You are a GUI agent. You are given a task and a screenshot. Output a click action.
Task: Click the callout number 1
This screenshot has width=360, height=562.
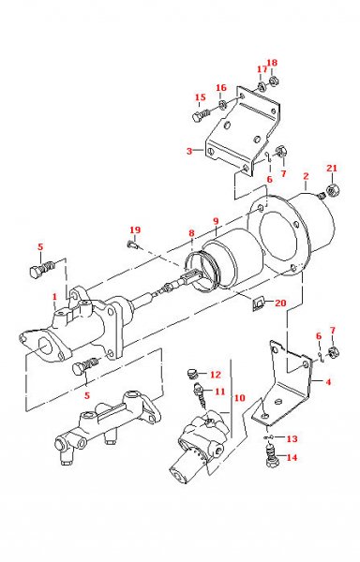pyautogui.click(x=54, y=297)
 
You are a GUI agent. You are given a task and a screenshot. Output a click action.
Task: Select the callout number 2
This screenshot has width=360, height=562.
pyautogui.click(x=306, y=175)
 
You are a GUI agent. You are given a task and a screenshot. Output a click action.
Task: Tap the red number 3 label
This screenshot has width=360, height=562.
pyautogui.click(x=189, y=151)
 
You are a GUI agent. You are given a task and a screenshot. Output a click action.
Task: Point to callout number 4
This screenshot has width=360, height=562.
pyautogui.click(x=327, y=381)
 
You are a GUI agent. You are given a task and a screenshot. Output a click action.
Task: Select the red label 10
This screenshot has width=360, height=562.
pyautogui.click(x=240, y=397)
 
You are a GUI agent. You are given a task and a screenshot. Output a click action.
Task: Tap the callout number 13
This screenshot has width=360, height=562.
pyautogui.click(x=292, y=438)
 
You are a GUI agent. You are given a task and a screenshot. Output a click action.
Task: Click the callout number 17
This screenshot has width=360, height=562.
pyautogui.click(x=262, y=68)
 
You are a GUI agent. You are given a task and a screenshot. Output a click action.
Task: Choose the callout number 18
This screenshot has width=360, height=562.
pyautogui.click(x=273, y=64)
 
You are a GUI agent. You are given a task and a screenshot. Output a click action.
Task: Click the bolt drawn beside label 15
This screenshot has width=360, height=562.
pyautogui.click(x=200, y=115)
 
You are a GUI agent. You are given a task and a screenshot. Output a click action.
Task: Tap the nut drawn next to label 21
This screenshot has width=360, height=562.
pyautogui.click(x=331, y=194)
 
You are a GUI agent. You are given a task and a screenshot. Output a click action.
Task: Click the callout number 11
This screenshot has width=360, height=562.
pyautogui.click(x=220, y=392)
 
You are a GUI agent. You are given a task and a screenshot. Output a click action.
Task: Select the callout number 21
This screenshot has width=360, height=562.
pyautogui.click(x=331, y=168)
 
